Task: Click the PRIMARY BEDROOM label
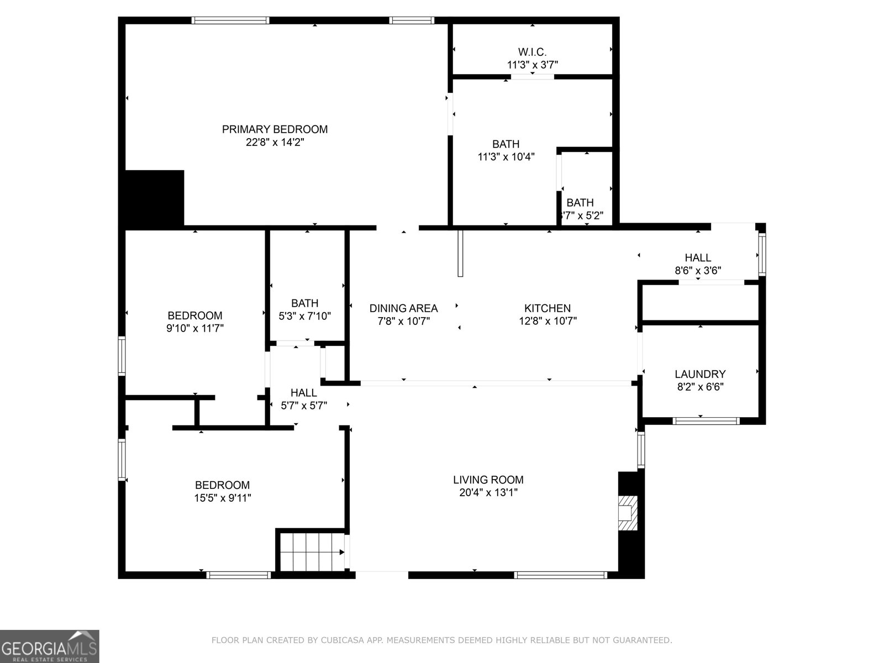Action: point(275,129)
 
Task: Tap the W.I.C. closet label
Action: point(532,52)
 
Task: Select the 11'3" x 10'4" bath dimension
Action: point(506,157)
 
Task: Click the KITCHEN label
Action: point(547,308)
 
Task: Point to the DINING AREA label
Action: point(403,308)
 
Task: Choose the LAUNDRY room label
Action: point(700,374)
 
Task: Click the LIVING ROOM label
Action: point(488,480)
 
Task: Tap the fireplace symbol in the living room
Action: point(627,513)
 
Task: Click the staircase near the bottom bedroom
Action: point(309,551)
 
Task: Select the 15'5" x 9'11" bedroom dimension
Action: point(222,498)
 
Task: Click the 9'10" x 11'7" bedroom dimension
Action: point(194,328)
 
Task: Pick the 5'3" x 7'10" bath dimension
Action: point(304,315)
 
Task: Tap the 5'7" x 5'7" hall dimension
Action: point(303,406)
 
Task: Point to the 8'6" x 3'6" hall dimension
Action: point(698,271)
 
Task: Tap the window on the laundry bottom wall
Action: point(706,421)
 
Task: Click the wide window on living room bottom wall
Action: point(560,575)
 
